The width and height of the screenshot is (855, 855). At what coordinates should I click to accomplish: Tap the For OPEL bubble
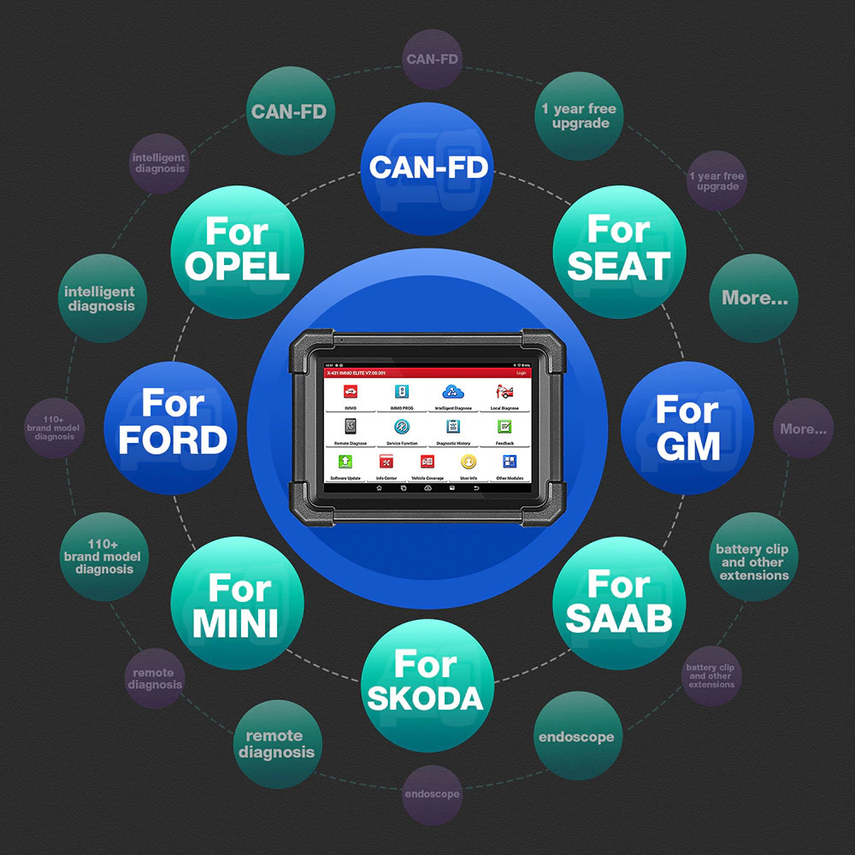[x=237, y=248]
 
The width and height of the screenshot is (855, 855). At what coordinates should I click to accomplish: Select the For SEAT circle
[x=619, y=248]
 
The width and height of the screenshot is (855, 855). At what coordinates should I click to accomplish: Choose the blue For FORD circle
[x=172, y=422]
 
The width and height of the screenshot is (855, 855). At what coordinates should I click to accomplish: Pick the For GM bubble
[x=687, y=427]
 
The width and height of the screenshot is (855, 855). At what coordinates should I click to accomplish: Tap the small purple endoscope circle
[x=432, y=793]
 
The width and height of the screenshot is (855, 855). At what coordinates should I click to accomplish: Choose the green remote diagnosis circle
[x=276, y=745]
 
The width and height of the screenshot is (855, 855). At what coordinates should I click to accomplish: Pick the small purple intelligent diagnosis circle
[x=159, y=162]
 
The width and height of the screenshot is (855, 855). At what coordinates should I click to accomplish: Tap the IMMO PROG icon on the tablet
[x=402, y=394]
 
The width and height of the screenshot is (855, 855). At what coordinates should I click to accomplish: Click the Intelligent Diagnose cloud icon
[x=452, y=394]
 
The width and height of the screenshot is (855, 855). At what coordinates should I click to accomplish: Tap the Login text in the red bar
[x=522, y=373]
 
